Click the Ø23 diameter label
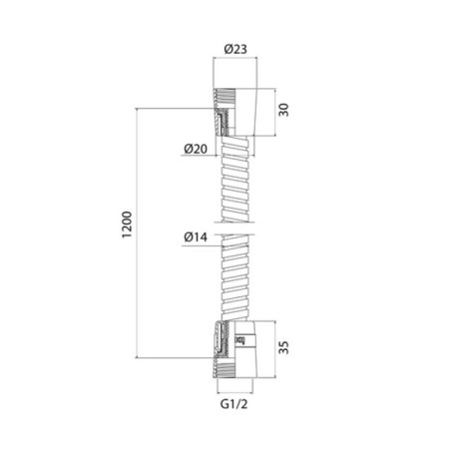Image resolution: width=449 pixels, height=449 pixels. point(235,49)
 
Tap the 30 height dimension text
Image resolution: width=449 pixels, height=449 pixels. point(283,110)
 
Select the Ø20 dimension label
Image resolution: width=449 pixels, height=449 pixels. point(196,149)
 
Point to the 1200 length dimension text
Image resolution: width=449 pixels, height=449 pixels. point(127,224)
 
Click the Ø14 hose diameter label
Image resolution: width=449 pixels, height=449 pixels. point(196,237)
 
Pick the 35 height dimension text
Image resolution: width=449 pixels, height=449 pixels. point(283,347)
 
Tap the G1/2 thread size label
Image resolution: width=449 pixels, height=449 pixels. point(234,404)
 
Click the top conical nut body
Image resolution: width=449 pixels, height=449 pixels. point(245,112)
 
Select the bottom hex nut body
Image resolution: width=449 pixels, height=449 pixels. point(245,349)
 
